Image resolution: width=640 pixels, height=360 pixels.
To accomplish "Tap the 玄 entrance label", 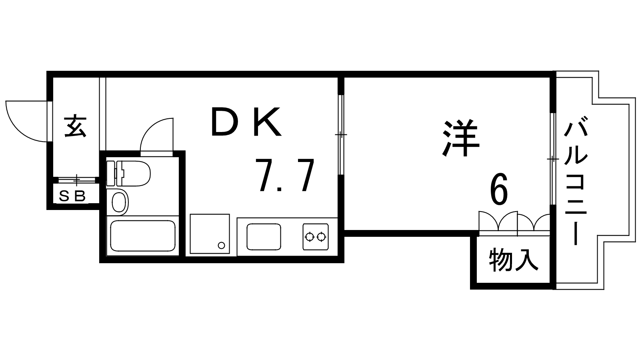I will (x=75, y=126).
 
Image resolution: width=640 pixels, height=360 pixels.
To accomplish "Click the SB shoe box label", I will (x=72, y=196).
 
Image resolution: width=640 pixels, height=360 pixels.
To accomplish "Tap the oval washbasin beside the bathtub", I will (x=118, y=202).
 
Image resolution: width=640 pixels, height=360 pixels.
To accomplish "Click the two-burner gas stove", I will (x=316, y=237).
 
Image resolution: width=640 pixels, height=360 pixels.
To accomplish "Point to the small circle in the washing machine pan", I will (x=220, y=245).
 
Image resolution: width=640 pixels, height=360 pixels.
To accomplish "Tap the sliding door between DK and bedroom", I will (x=341, y=135).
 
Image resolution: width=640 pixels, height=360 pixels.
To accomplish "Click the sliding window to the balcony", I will (x=552, y=159).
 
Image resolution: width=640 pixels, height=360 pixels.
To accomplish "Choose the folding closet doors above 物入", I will (x=514, y=222).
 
